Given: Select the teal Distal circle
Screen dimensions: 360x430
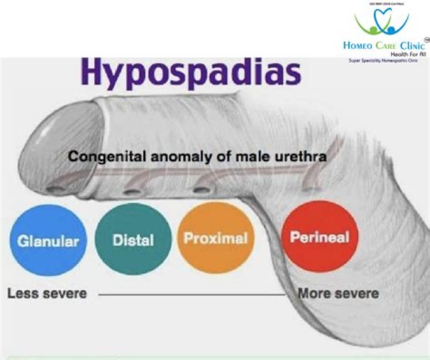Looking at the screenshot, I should point(133,241).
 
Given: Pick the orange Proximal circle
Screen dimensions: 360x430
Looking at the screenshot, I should point(216,239).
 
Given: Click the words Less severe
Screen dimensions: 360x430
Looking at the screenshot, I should point(47,294).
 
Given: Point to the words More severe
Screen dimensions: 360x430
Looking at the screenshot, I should point(338,294).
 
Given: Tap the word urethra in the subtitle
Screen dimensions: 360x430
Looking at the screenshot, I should point(303,157).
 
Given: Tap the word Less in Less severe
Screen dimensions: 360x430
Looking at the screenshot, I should point(21,294).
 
